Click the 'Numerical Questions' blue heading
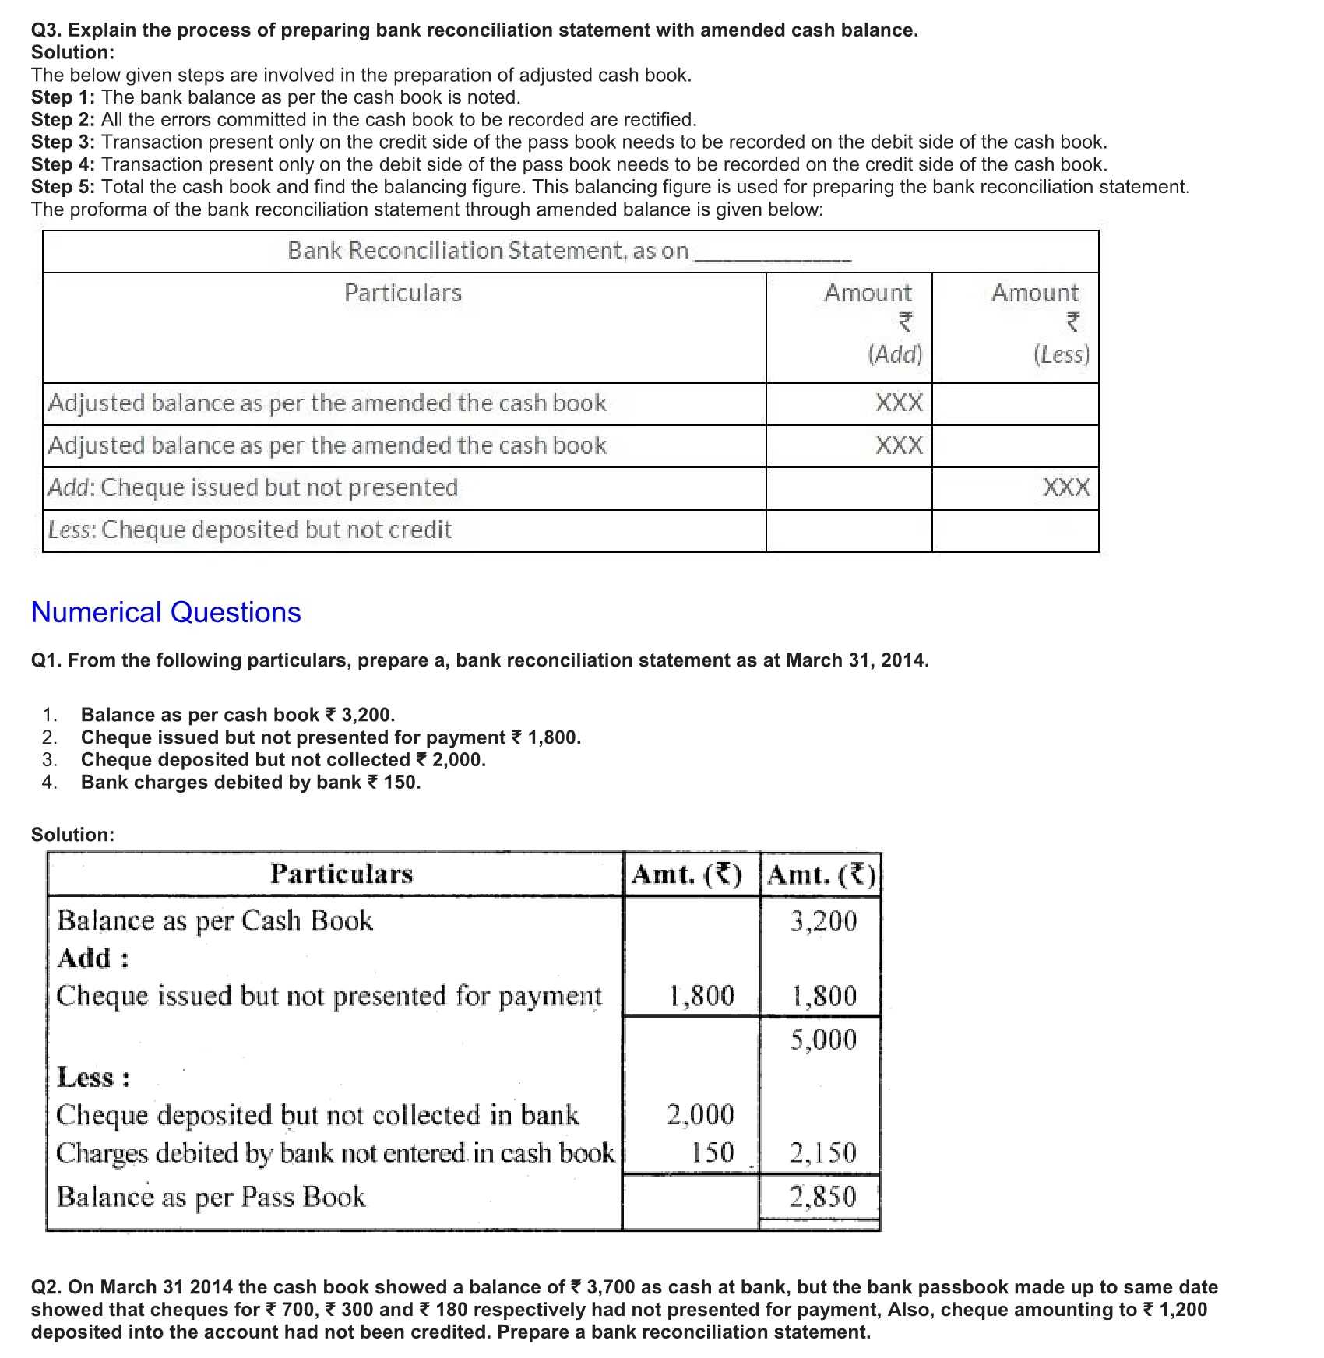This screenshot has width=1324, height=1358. pos(166,613)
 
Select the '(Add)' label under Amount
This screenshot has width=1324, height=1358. pos(895,355)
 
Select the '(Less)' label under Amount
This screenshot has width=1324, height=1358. pos(1062,355)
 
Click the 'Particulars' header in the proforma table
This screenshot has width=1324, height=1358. pos(403,294)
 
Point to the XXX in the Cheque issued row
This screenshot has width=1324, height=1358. pos(1066,488)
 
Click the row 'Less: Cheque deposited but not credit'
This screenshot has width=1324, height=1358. pos(250,530)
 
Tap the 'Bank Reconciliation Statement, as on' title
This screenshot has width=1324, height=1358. pos(488,251)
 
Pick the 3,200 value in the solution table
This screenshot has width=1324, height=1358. pos(824,921)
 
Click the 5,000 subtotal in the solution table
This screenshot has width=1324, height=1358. pos(824,1040)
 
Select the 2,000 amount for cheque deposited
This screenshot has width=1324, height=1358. pos(701,1115)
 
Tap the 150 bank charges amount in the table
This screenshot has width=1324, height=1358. pos(713,1153)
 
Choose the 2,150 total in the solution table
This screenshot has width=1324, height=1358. pos(824,1153)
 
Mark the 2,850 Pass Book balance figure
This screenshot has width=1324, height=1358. pos(824,1197)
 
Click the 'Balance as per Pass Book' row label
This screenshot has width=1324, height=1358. pos(211,1197)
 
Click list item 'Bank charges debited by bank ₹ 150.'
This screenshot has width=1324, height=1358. pos(251,783)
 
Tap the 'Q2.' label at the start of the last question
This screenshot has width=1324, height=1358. pos(47,1288)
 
